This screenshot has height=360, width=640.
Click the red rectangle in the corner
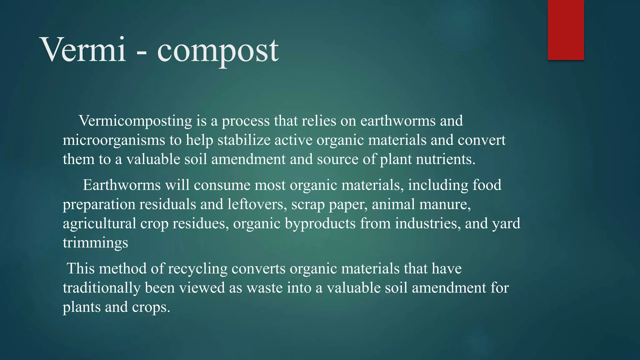(566, 30)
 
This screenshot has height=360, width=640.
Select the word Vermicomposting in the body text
(135, 121)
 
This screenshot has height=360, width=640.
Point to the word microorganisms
(114, 140)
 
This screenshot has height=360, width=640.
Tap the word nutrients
(443, 159)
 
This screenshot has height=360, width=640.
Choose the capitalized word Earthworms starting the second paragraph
(122, 185)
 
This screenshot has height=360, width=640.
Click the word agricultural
(99, 224)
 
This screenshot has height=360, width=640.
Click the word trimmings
(95, 243)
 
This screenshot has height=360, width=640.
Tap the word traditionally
(102, 288)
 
